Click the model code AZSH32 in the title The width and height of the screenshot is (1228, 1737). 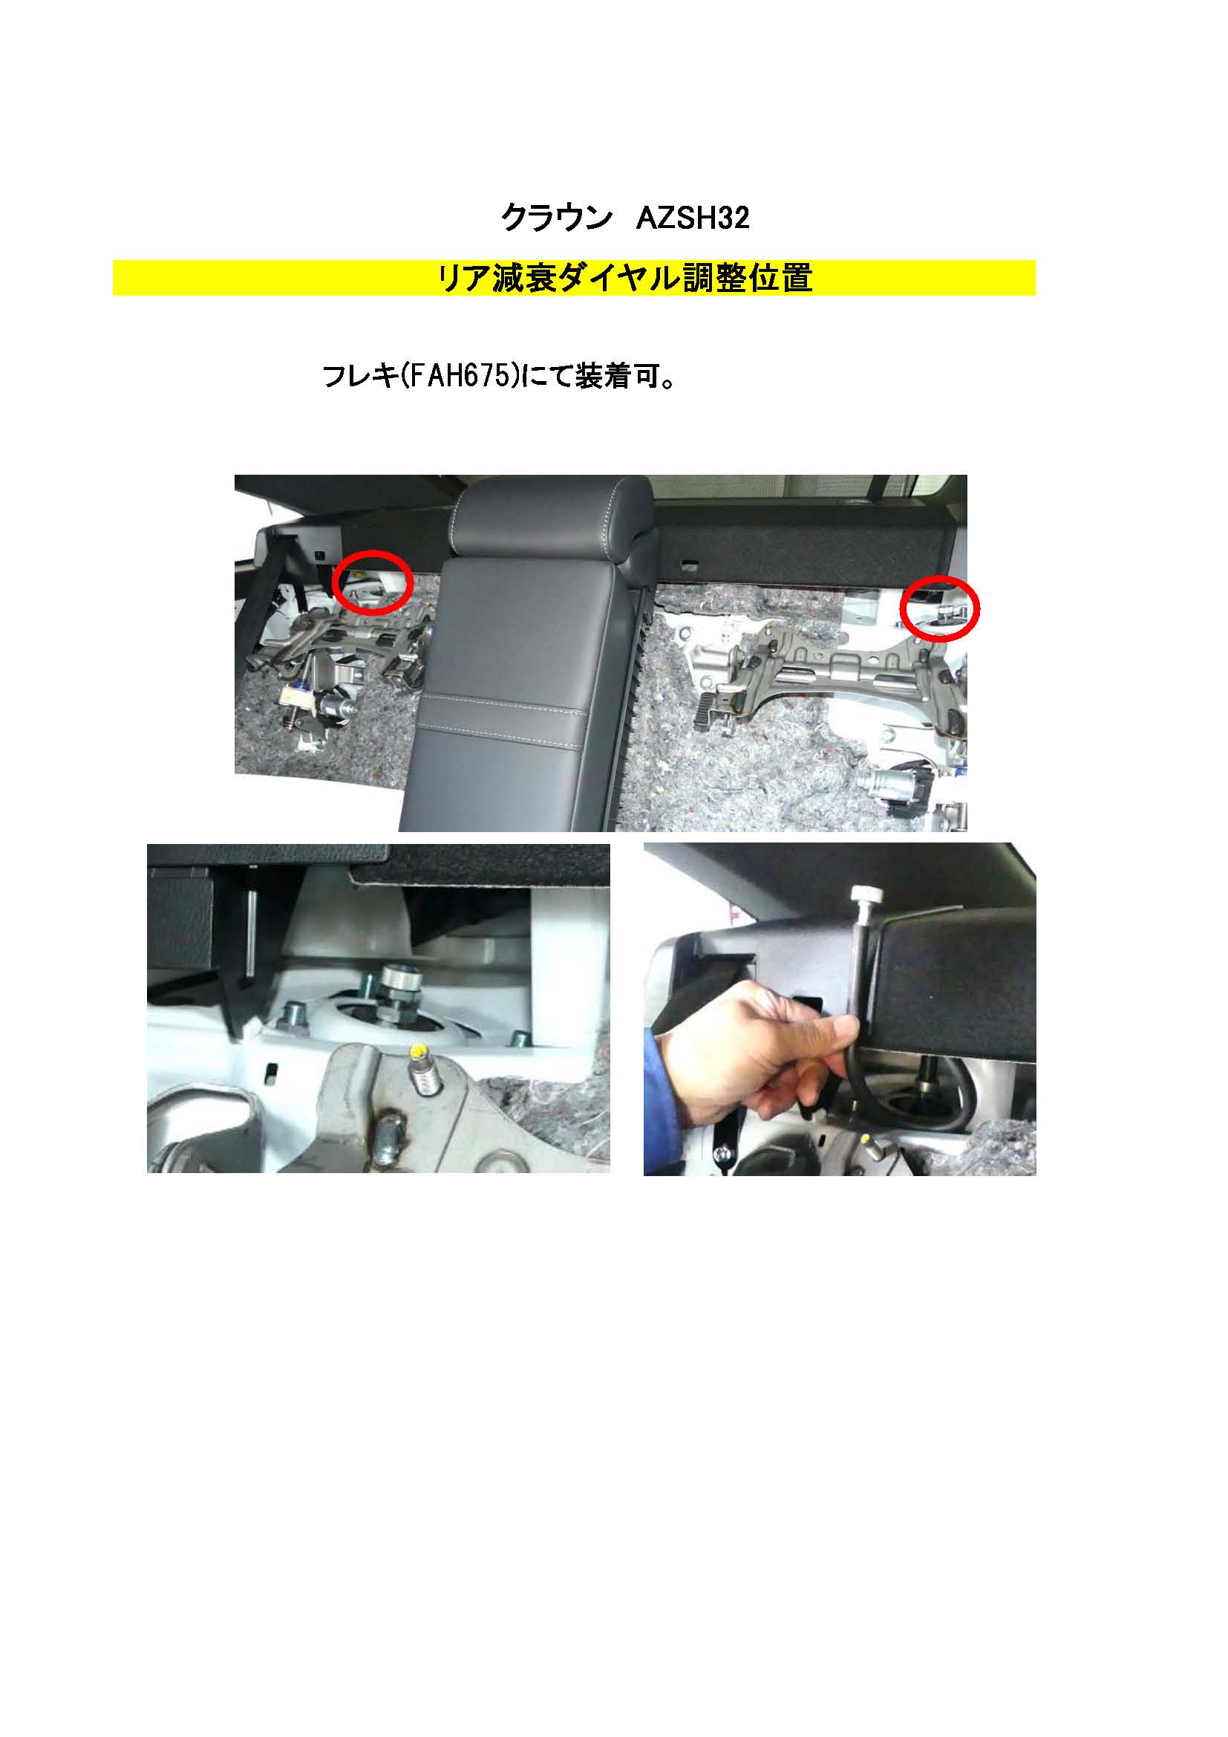tap(693, 218)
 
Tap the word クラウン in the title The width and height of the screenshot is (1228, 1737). tap(557, 218)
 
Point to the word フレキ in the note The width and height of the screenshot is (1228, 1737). tap(360, 376)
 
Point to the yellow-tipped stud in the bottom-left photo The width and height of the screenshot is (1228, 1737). tap(422, 1068)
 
